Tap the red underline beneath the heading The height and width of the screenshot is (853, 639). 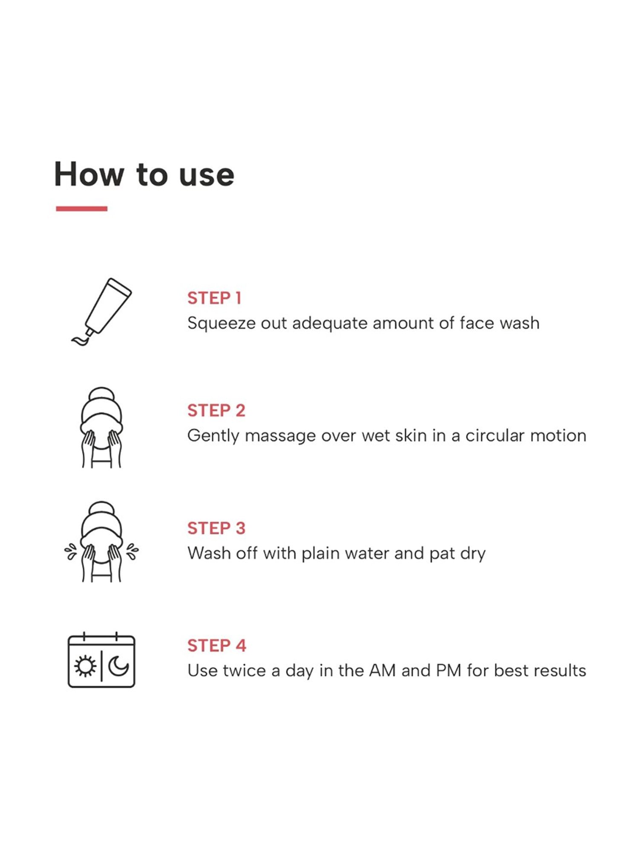tap(81, 208)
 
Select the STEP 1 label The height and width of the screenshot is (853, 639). tap(214, 298)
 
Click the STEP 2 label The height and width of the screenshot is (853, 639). tap(216, 410)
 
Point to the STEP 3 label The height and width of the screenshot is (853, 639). tap(216, 528)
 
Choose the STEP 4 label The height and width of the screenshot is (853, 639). tap(217, 645)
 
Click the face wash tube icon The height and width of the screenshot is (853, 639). tap(101, 312)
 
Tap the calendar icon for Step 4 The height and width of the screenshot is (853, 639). tap(101, 659)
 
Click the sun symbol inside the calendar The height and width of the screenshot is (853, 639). tap(85, 666)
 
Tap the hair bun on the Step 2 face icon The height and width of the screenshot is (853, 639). tap(101, 394)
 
